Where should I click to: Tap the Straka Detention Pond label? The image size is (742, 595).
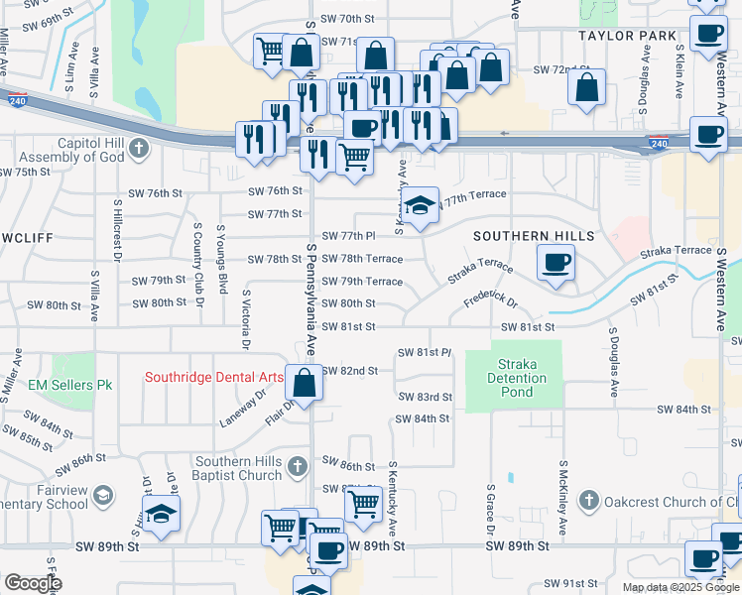tap(517, 378)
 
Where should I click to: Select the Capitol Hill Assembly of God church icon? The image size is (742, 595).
tap(138, 150)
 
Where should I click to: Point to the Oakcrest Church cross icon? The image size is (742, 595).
tap(588, 501)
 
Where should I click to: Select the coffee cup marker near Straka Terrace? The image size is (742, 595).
tap(556, 264)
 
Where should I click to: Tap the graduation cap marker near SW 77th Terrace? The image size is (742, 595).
tap(421, 206)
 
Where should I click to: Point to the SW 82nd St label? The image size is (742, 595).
tap(350, 371)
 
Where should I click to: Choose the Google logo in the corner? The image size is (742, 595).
tap(33, 583)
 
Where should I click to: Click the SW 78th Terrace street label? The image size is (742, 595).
tap(361, 259)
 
